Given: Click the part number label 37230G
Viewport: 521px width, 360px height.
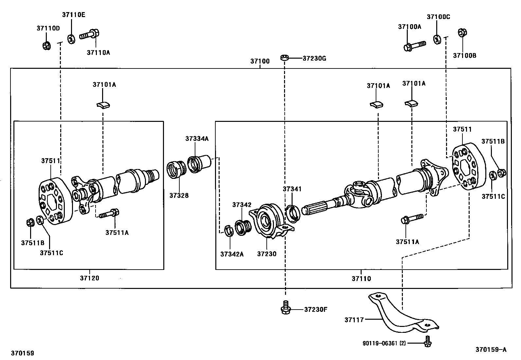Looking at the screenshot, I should tap(314, 59).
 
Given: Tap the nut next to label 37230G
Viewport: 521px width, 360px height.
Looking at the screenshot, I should tap(284, 58).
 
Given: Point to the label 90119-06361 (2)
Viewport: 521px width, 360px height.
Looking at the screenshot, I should tap(384, 343).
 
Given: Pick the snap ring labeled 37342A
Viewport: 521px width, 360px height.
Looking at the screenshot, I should tap(228, 231).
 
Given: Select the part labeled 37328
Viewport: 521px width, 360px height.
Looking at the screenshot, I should tap(176, 170).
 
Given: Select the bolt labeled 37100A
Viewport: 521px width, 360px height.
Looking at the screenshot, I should tap(414, 46).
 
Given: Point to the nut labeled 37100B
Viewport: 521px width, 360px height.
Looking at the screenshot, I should tap(462, 33).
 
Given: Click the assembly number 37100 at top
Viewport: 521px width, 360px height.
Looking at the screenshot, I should tap(260, 61).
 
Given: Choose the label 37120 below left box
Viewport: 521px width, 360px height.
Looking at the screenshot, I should tap(89, 278).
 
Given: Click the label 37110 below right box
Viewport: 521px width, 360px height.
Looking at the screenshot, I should tap(361, 279).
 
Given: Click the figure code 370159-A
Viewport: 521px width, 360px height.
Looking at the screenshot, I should tap(491, 350).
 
